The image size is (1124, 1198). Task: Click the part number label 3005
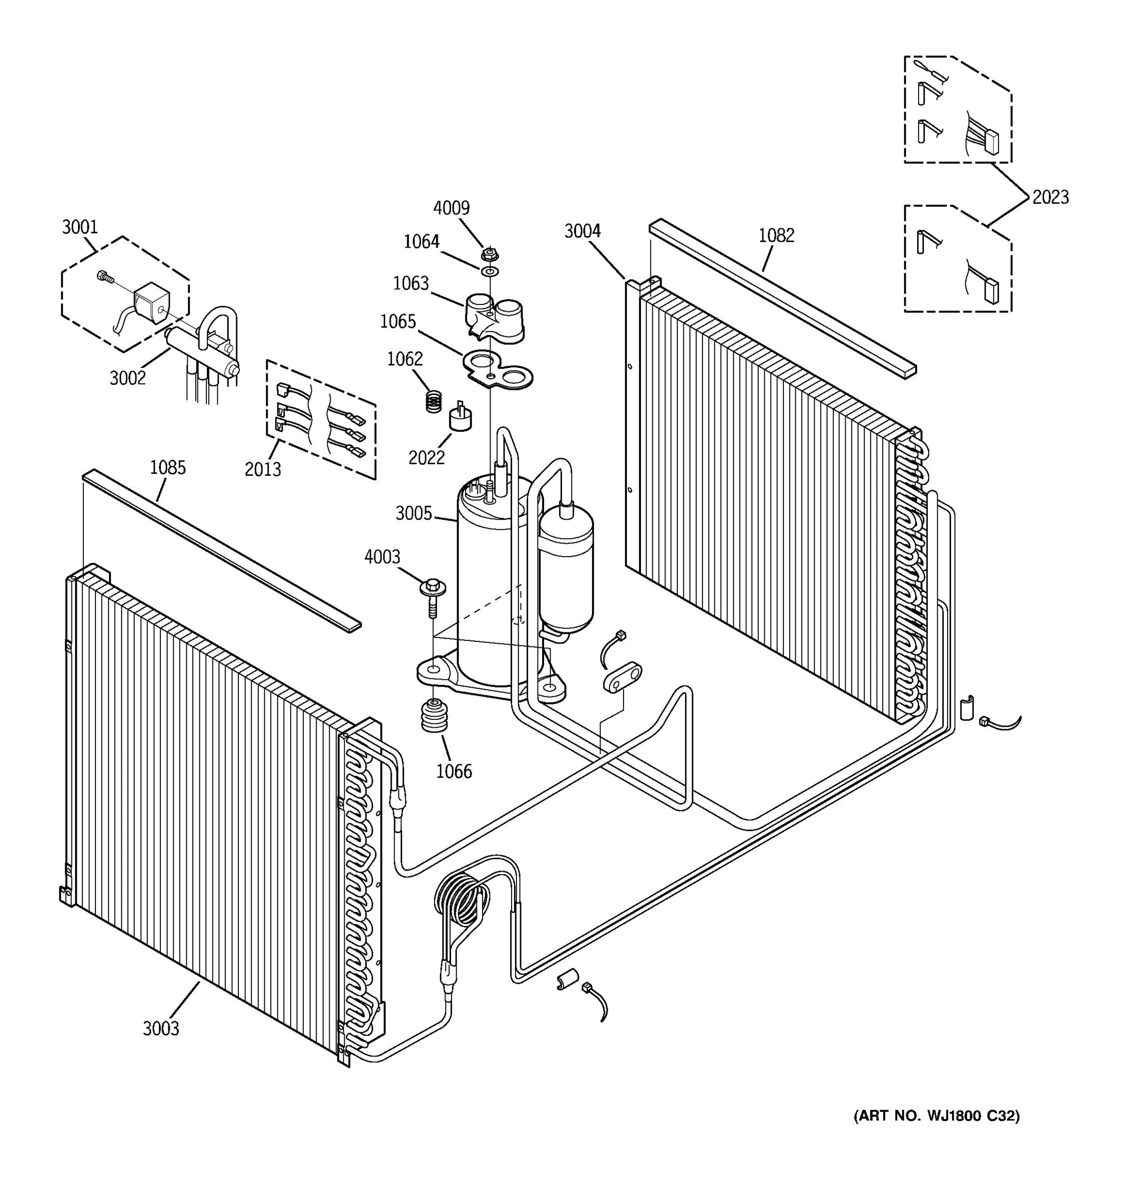tap(414, 514)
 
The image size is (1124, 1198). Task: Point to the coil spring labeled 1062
tap(434, 401)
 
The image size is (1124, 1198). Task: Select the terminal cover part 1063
tap(495, 316)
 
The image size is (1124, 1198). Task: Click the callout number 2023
tap(1050, 197)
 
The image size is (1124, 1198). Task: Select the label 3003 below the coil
tap(161, 1028)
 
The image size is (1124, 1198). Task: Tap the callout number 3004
tap(582, 231)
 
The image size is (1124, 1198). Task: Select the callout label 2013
tap(262, 469)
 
